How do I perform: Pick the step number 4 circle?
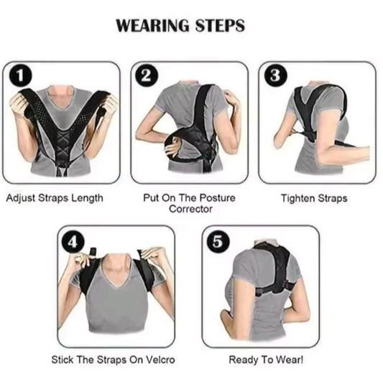[71, 241]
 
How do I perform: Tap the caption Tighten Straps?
[315, 197]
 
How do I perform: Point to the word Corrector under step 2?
[190, 209]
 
